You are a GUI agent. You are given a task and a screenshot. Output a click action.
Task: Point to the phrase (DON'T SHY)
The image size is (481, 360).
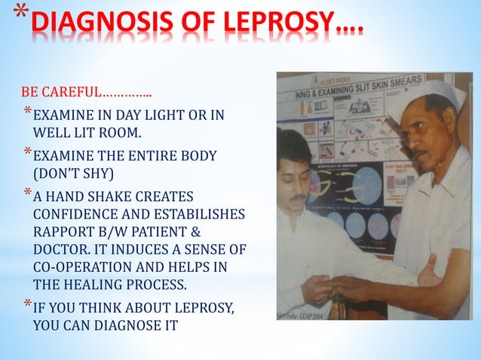(74, 174)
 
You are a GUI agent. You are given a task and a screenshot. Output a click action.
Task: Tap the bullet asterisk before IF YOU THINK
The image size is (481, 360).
(28, 305)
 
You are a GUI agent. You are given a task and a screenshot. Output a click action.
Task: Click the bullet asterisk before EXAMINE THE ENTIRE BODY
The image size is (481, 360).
(28, 154)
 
